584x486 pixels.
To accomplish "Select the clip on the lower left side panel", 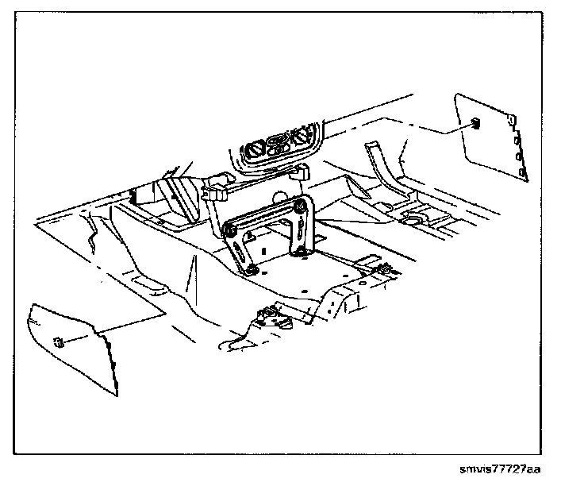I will click(x=59, y=342).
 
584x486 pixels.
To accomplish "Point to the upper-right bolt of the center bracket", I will click(x=301, y=206).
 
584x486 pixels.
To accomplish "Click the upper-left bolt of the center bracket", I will click(x=231, y=230).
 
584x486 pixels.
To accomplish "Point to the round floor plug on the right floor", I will click(x=413, y=216).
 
